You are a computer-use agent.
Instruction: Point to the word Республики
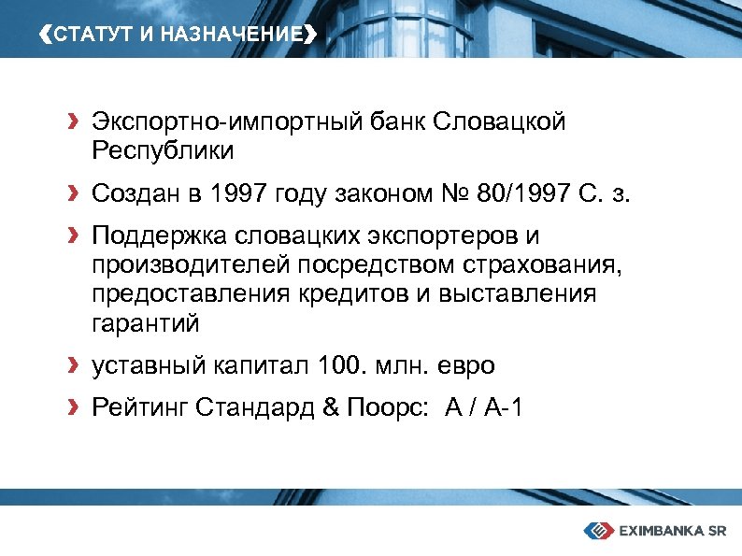pyautogui.click(x=163, y=150)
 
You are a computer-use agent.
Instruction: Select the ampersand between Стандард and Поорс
pyautogui.click(x=332, y=408)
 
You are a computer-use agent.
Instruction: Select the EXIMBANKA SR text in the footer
pyautogui.click(x=673, y=531)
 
